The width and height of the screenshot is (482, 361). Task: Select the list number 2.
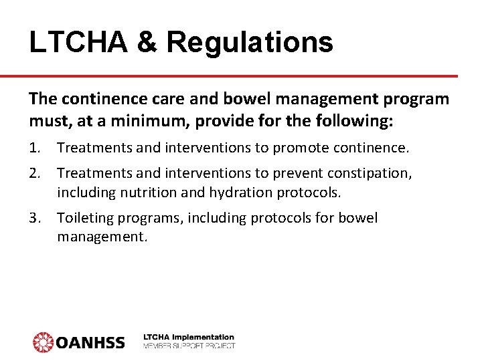(x=34, y=174)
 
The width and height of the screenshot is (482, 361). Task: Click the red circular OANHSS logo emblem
(x=44, y=342)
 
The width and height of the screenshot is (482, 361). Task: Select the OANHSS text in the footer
(x=90, y=342)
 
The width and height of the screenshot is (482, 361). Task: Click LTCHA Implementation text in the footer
(x=189, y=337)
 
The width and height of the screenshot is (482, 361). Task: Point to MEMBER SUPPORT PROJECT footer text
(x=189, y=346)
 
